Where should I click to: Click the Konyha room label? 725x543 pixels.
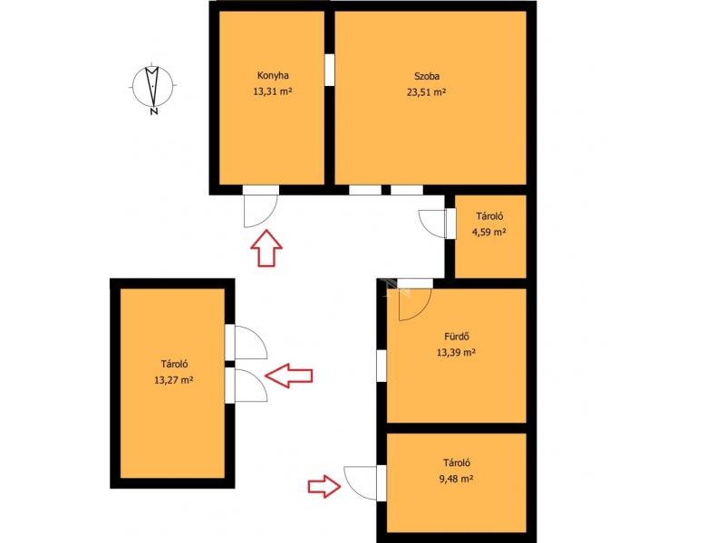273,75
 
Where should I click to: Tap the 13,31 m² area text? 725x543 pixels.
273,91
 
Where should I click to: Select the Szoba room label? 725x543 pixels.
426,76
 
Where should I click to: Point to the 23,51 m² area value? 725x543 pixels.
426,92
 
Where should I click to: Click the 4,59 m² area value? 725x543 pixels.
488,232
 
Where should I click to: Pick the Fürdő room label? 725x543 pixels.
457,337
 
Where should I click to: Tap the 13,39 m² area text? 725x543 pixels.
457,352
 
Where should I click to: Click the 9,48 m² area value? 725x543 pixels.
456,479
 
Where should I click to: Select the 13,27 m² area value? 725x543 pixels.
173,380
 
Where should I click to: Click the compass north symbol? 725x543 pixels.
152,86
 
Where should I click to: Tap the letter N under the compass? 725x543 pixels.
154,111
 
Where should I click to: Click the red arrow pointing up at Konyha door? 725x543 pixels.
266,248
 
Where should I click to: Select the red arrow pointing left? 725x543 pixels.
289,376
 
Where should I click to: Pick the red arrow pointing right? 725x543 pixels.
324,486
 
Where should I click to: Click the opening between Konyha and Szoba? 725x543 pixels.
329,70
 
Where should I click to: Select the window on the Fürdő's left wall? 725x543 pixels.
382,366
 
